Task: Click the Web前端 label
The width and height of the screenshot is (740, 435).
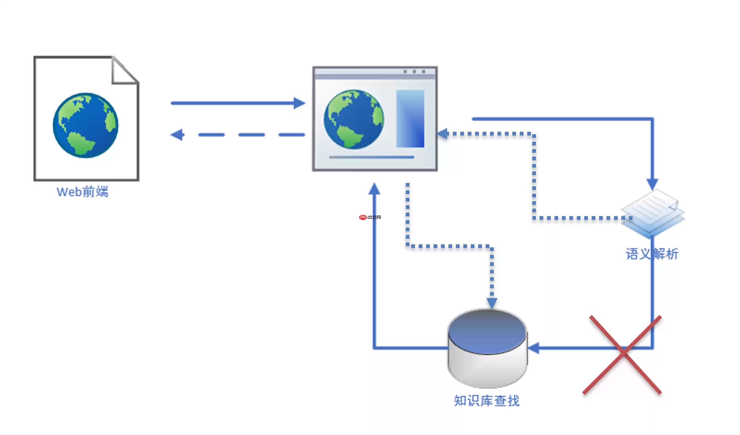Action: (82, 192)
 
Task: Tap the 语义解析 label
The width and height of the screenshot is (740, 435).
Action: (652, 254)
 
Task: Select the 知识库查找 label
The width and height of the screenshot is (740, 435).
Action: (487, 401)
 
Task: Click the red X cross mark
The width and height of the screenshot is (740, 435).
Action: (622, 355)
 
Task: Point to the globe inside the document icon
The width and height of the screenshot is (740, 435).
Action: (85, 126)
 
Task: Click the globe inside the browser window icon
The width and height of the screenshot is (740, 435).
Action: (354, 119)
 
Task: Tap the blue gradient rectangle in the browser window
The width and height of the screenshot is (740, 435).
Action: (410, 118)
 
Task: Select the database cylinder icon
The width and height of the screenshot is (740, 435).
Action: (487, 348)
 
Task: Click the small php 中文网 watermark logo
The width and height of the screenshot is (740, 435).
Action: (370, 217)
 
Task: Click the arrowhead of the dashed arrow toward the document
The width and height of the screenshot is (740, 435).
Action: (177, 135)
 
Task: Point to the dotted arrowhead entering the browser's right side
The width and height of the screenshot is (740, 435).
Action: (442, 134)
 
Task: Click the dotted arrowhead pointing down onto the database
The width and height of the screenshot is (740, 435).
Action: (492, 303)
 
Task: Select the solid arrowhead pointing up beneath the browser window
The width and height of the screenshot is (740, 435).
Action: (374, 189)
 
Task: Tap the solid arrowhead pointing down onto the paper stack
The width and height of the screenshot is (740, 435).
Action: (652, 184)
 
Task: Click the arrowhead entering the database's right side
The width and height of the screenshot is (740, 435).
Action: (534, 348)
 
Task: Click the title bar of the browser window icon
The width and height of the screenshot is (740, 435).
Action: (375, 73)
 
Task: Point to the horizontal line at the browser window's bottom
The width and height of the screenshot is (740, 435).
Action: (371, 157)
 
